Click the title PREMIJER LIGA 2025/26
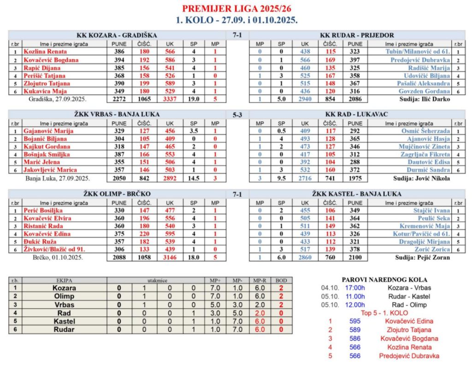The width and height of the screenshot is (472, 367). pos(236,9)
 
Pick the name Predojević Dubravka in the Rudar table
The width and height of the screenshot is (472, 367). pos(420,60)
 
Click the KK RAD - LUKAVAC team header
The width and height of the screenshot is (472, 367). pos(357,115)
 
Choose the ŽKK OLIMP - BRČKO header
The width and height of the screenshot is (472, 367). pos(116,194)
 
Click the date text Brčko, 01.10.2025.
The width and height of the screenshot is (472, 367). pos(58,258)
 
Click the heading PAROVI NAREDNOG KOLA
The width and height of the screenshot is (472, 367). pos(384,279)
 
